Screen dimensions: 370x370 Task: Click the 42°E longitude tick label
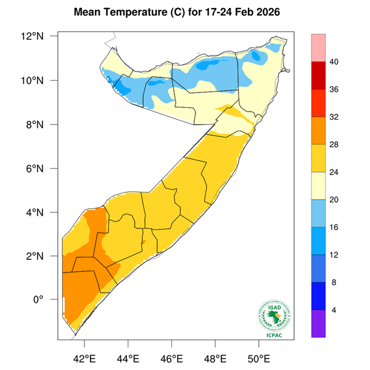pos(84,357)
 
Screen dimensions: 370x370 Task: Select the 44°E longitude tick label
pos(128,357)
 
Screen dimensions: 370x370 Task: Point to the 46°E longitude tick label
pos(172,357)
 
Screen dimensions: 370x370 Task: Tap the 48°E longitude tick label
pos(216,357)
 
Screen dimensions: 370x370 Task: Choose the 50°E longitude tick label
pos(259,357)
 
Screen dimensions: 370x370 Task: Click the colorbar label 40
pos(334,62)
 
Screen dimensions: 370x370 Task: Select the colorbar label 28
pos(334,144)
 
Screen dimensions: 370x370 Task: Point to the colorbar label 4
pos(334,310)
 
